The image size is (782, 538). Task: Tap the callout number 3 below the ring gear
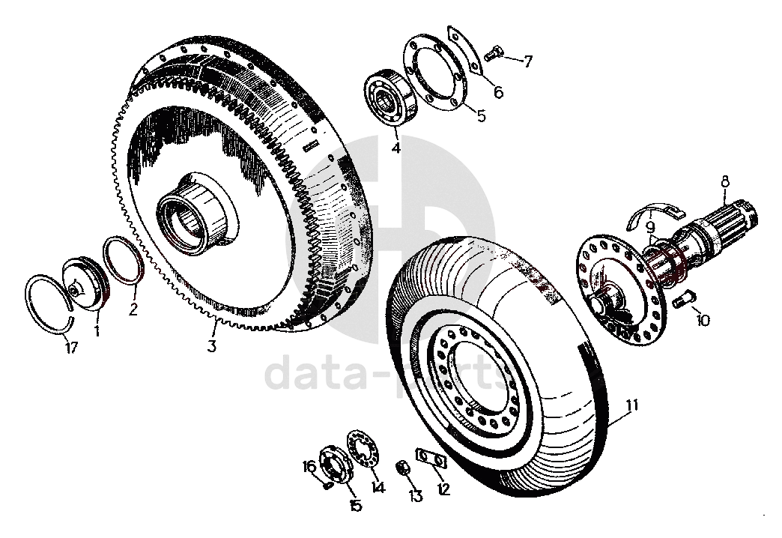coord(212,346)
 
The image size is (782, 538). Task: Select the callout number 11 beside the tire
coord(632,407)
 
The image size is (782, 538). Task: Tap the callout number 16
coord(309,467)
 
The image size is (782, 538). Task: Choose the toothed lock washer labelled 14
coord(363,449)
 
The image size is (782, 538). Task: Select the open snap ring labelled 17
coord(49,303)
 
